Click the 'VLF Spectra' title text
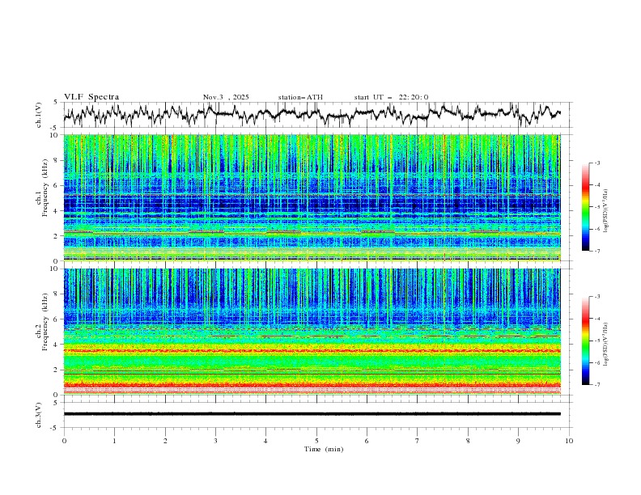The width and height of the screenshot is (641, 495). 91,97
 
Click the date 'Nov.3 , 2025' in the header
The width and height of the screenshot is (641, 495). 226,97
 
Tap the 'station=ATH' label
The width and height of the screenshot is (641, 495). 300,97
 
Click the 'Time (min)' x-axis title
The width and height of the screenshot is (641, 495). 316,448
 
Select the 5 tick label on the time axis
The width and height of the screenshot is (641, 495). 316,440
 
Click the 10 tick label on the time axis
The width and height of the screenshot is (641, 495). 569,440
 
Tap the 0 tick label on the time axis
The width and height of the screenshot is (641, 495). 64,440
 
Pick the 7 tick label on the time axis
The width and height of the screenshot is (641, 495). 418,440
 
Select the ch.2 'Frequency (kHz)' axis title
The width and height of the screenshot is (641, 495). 45,332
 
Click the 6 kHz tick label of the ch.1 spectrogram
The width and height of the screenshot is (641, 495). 54,185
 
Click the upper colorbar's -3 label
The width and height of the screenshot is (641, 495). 597,163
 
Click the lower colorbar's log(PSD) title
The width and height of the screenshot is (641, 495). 606,340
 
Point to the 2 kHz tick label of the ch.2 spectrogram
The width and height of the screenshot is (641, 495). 54,370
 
